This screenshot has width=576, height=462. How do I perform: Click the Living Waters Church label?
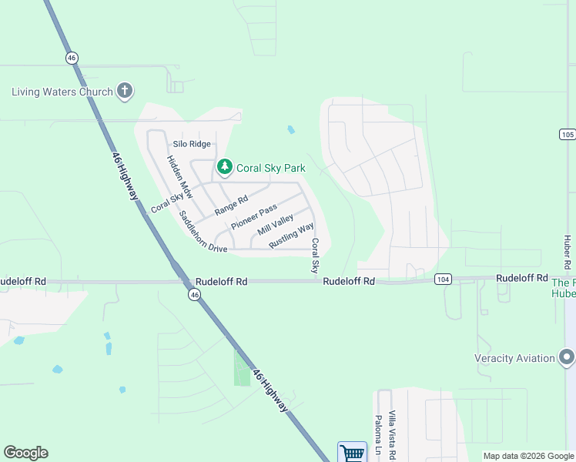click(x=62, y=92)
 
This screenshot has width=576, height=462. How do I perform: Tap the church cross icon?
click(x=124, y=91)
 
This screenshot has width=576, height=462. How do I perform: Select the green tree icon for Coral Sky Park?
click(x=224, y=167)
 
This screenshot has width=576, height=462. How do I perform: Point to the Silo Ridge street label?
click(x=192, y=144)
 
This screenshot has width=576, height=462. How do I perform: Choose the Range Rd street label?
click(x=231, y=205)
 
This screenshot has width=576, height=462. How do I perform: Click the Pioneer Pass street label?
click(x=253, y=217)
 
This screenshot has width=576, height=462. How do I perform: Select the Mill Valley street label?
click(x=275, y=225)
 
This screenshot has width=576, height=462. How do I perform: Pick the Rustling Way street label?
click(x=291, y=236)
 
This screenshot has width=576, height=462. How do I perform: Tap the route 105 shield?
click(x=567, y=134)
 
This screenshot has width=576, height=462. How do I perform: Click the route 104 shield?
click(x=442, y=278)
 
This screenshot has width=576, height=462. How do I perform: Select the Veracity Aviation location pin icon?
click(x=567, y=358)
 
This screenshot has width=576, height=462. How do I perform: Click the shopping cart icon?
click(x=352, y=452)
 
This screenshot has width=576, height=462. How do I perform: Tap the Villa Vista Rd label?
click(x=392, y=435)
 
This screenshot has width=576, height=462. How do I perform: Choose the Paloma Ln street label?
click(x=378, y=439)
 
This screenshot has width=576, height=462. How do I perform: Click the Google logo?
click(x=25, y=453)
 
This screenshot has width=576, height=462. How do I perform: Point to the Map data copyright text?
click(x=527, y=456)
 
